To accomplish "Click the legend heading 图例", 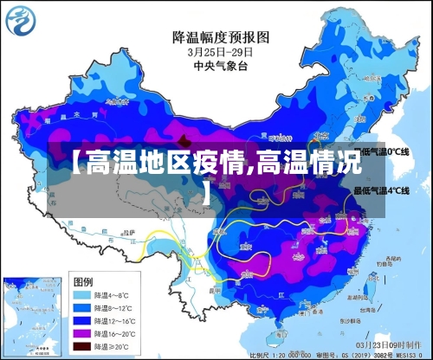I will (x=83, y=282).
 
